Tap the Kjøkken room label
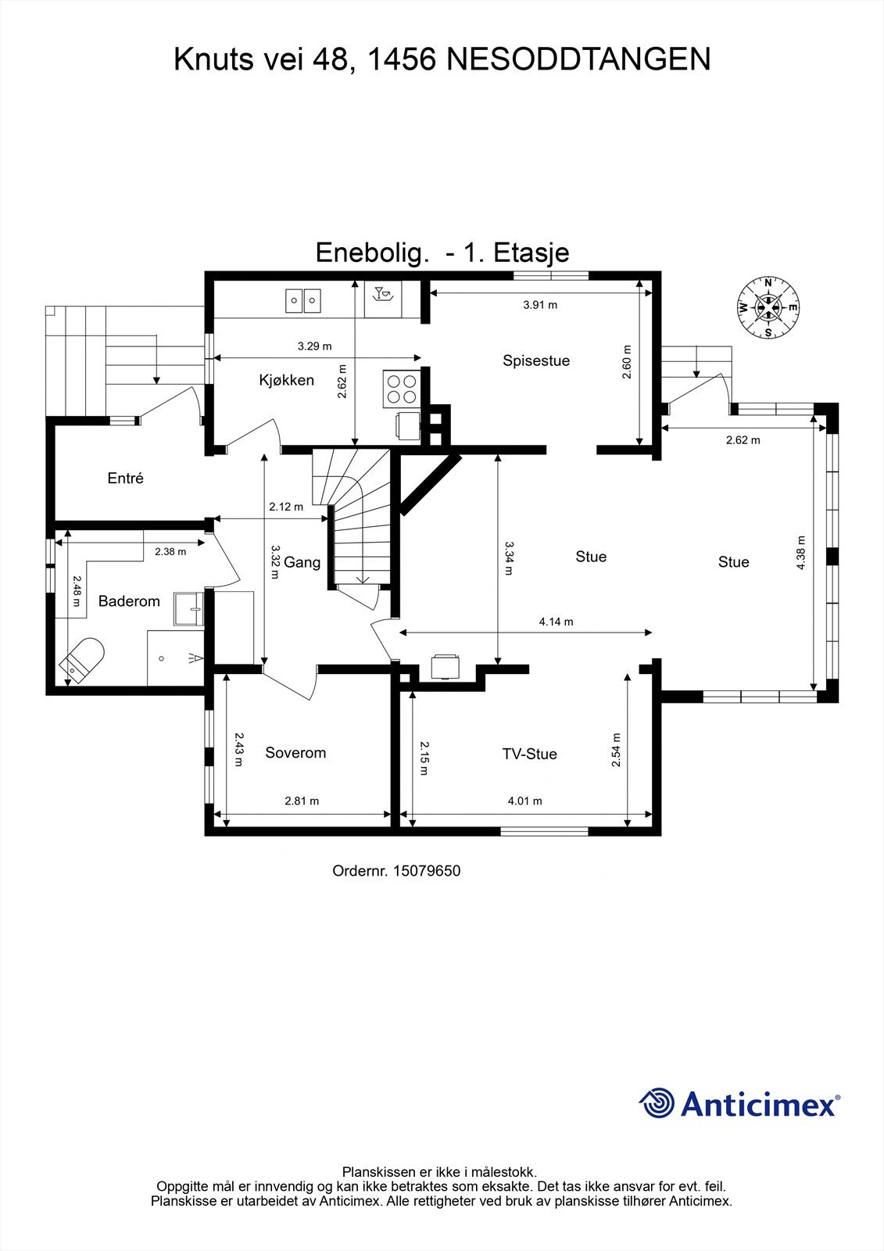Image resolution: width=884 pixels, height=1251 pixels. pos(287,380)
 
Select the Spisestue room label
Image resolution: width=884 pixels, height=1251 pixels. pos(536,360)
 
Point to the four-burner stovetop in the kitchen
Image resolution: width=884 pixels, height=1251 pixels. pos(400,389)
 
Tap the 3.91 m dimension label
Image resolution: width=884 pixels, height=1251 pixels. pos(540,305)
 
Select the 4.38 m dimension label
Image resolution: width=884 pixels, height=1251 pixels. pos(800,553)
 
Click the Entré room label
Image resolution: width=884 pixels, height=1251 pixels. pos(126,478)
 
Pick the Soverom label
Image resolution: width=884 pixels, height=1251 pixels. pos(295,752)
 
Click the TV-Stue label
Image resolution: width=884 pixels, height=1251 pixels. pos(530,754)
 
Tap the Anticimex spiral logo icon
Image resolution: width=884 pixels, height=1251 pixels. pos(657,1103)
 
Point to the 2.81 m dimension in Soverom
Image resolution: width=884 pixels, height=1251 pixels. pos(302,801)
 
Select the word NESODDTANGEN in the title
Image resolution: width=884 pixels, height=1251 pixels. pos(578,59)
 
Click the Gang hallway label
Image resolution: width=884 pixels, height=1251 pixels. pos(302,562)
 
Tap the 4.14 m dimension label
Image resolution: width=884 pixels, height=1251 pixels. pos(556,622)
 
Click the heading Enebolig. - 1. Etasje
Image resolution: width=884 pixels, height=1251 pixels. pos(442,252)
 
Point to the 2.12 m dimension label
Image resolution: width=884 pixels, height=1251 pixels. pos(286,507)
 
